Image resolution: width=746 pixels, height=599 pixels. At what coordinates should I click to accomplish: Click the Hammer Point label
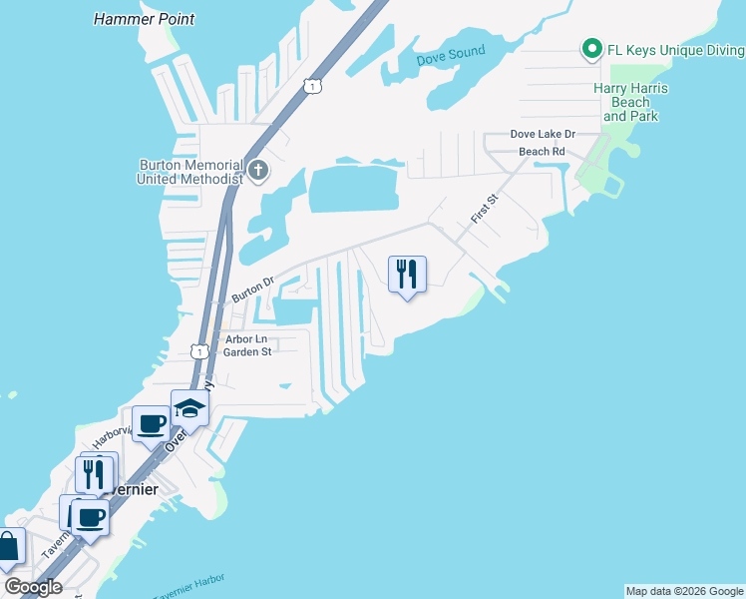144,19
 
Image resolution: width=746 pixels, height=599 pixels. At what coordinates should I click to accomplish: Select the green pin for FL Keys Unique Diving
591,48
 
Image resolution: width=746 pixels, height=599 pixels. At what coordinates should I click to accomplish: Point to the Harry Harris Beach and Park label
630,102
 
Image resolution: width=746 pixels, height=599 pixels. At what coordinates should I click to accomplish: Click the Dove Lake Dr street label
543,134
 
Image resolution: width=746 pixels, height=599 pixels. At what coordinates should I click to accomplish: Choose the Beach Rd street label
542,152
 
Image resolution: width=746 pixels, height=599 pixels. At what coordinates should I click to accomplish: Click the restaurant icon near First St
406,274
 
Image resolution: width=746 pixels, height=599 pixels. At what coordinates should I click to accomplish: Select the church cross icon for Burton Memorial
257,169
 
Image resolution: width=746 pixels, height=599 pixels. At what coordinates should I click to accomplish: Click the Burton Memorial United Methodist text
190,172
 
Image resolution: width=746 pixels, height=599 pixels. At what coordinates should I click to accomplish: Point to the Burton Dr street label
252,291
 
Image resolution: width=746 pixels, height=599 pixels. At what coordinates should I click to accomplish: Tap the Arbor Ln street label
246,338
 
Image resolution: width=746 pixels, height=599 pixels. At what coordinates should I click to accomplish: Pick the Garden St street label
246,351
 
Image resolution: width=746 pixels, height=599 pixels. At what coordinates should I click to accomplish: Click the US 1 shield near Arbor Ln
200,351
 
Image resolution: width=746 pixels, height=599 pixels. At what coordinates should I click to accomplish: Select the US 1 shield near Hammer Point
314,87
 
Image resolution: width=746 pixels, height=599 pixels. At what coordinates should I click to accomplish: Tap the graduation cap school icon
189,407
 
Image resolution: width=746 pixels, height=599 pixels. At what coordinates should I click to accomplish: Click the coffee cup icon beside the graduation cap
151,423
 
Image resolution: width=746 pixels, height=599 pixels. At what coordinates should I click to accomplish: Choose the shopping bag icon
7,548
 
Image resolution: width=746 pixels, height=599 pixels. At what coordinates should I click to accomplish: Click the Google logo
32,587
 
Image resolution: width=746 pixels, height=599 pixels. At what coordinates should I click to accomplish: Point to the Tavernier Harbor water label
189,588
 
